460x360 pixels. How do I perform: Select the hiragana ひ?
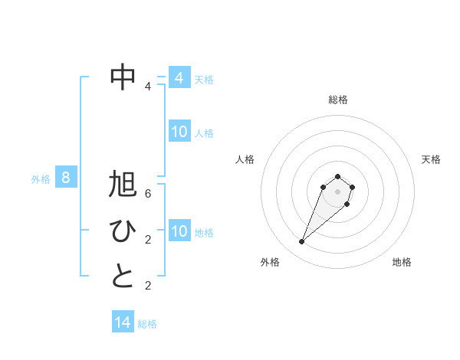[x=123, y=231]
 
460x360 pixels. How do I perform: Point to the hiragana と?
[x=123, y=275]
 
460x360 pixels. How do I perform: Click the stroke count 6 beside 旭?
[x=148, y=194]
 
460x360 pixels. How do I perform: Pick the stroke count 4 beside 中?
[x=148, y=87]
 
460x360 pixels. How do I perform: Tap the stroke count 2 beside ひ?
[x=148, y=240]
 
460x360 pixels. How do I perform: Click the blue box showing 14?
[x=123, y=322]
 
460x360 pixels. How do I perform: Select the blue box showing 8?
[x=66, y=178]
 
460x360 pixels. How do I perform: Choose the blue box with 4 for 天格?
[x=179, y=77]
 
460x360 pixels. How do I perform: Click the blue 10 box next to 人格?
[x=179, y=132]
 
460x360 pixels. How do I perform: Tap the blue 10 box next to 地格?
[x=179, y=231]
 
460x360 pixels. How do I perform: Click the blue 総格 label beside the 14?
[x=147, y=324]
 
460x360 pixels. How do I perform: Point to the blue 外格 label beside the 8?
[x=41, y=179]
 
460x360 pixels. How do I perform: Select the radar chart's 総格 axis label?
[x=337, y=100]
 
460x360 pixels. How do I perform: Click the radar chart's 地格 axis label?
[x=402, y=262]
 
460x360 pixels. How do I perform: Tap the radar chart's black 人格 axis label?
[x=245, y=159]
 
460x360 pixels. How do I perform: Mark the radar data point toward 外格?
[x=302, y=242]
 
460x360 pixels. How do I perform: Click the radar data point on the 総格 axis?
[x=337, y=177]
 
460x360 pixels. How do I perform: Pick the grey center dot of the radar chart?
[x=337, y=191]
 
